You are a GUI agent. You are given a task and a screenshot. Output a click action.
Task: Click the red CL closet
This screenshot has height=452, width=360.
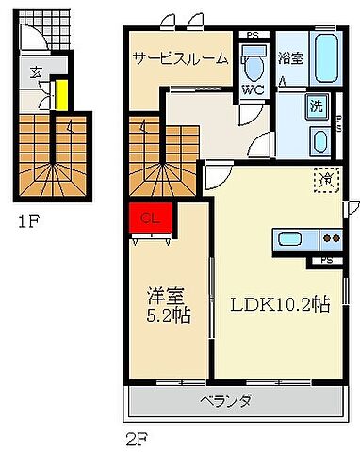[149, 218]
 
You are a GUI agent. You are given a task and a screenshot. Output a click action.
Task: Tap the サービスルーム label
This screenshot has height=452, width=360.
[179, 58]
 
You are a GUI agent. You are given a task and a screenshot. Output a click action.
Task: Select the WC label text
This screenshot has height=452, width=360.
[252, 90]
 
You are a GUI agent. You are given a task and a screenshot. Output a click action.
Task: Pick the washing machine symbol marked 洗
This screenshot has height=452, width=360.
[318, 105]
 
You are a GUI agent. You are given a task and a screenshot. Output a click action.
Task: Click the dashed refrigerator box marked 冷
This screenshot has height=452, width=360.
[327, 177]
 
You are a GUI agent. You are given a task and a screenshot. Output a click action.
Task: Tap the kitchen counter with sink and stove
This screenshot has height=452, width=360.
[307, 239]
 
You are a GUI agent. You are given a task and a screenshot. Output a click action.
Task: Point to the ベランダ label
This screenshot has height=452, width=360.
[225, 401]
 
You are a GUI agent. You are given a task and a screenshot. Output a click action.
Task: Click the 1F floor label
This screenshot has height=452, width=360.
[28, 224]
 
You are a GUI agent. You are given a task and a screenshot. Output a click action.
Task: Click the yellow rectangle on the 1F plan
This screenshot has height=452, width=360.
[59, 94]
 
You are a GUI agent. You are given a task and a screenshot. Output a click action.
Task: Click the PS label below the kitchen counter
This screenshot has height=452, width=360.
[327, 259]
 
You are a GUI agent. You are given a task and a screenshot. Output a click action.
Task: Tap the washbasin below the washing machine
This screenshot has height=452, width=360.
[319, 142]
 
